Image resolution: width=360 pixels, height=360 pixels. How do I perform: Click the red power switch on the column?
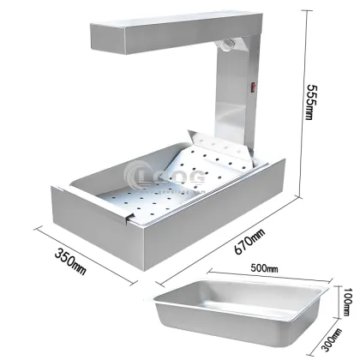click(254, 86)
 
